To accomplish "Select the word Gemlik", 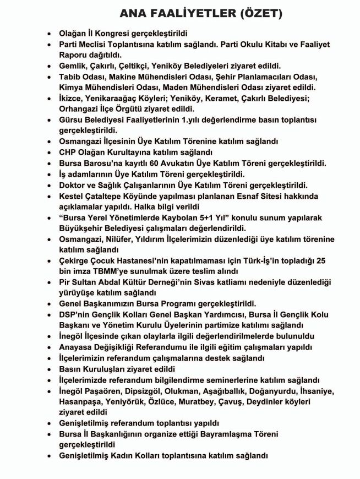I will [74, 66].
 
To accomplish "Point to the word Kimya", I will [72, 88].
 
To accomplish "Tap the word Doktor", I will [74, 184].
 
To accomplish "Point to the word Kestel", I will [73, 196].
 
